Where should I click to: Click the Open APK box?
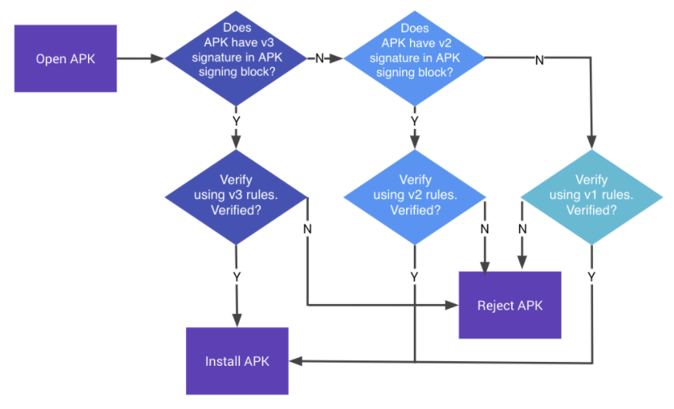[x=66, y=59]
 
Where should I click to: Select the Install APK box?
[x=237, y=361]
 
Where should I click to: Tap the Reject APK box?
[x=510, y=305]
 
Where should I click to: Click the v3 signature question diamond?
[x=236, y=59]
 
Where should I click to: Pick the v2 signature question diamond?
[x=415, y=59]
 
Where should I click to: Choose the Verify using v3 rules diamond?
[x=236, y=198]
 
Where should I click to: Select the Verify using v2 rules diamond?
[x=415, y=198]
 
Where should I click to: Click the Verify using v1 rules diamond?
[x=592, y=198]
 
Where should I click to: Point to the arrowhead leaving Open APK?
[x=157, y=59]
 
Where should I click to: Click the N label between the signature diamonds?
[x=320, y=59]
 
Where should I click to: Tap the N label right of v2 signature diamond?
[x=540, y=60]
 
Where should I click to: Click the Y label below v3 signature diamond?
[x=236, y=122]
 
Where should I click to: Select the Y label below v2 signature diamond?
[x=415, y=122]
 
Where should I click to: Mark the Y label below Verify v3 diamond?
[x=237, y=277]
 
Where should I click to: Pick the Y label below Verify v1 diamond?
[x=592, y=277]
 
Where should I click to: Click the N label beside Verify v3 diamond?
[x=307, y=229]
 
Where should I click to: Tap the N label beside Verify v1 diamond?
[x=522, y=229]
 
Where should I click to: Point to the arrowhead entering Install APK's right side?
[x=296, y=361]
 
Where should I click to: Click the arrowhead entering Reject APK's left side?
[x=452, y=305]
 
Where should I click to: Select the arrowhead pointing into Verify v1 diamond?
[x=592, y=142]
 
